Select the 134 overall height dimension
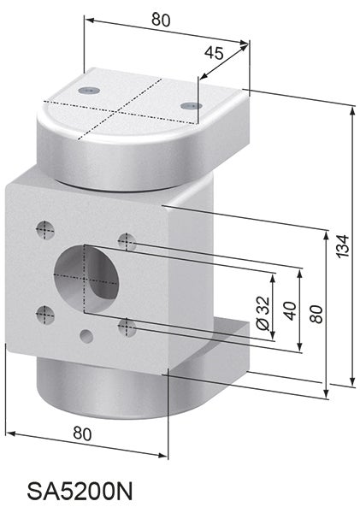pos(343,246)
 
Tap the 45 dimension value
pos(214,53)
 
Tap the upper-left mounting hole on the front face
pos(45,228)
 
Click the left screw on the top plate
pos(86,90)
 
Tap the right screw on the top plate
pos(191,105)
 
